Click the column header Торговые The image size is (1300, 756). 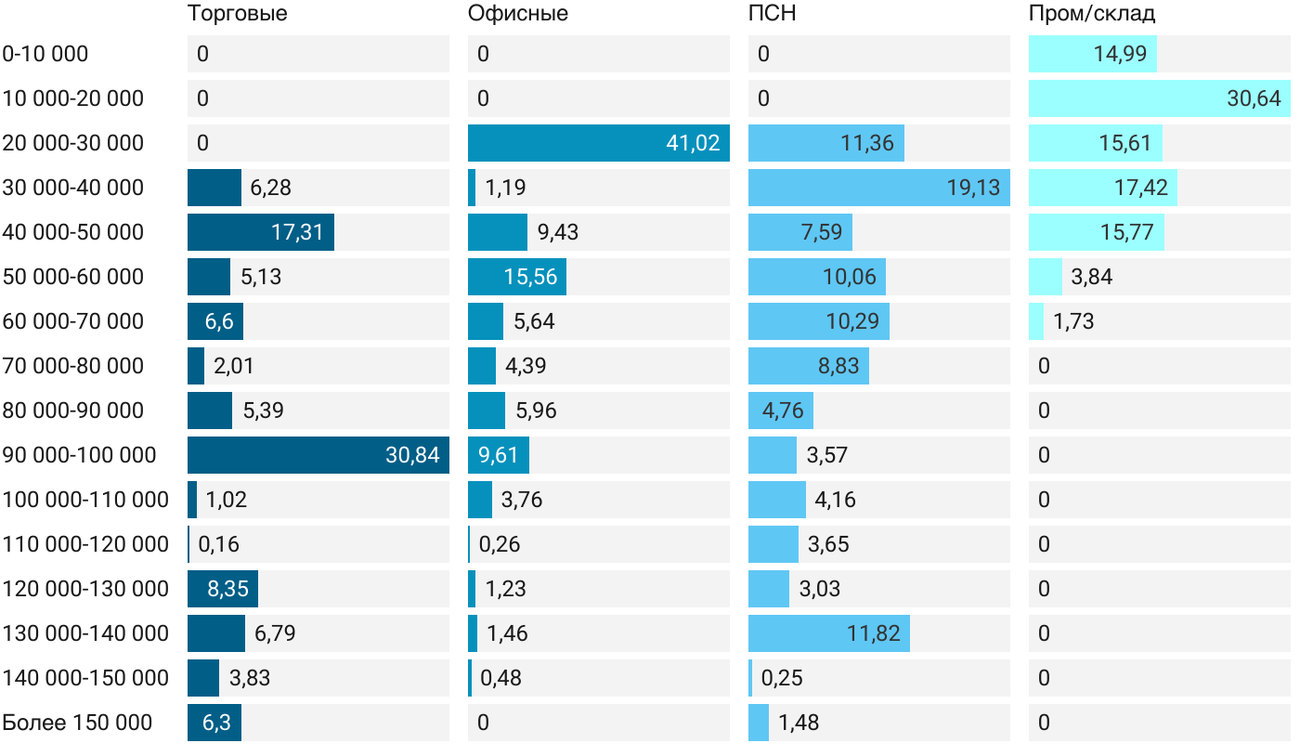tap(237, 14)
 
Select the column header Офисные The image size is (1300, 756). tap(517, 14)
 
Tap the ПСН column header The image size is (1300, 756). tap(772, 14)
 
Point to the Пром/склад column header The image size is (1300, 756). tap(1091, 14)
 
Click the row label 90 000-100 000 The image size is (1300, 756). tap(80, 455)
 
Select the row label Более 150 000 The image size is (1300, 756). tap(77, 723)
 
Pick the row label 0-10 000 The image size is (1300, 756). tap(45, 54)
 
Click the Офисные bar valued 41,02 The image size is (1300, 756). tap(598, 143)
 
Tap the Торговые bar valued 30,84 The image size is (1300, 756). tap(318, 455)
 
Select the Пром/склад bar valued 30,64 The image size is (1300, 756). tap(1159, 98)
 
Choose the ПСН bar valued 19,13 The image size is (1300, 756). tap(878, 188)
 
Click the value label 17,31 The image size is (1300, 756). tap(297, 232)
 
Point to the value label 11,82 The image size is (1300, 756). tap(874, 633)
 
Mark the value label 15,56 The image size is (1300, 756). tap(530, 277)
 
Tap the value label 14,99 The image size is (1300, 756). tap(1120, 54)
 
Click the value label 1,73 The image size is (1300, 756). tap(1073, 321)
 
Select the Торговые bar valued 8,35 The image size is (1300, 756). tap(223, 589)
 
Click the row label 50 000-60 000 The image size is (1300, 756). tap(73, 277)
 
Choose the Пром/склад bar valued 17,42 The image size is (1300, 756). tap(1102, 188)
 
